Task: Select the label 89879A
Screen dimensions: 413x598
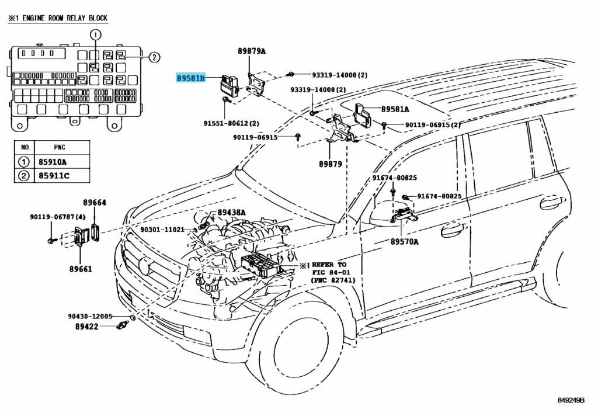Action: tap(252, 51)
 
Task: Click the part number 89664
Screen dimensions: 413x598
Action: tap(94, 203)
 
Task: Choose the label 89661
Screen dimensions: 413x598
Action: tap(79, 269)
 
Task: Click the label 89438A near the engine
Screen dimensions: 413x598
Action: tap(232, 212)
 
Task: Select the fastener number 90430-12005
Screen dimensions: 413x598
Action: tap(90, 316)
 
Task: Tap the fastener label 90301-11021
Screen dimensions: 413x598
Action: tap(162, 230)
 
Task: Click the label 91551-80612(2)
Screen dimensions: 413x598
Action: tap(231, 123)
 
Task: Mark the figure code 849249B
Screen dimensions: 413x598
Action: tap(572, 401)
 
